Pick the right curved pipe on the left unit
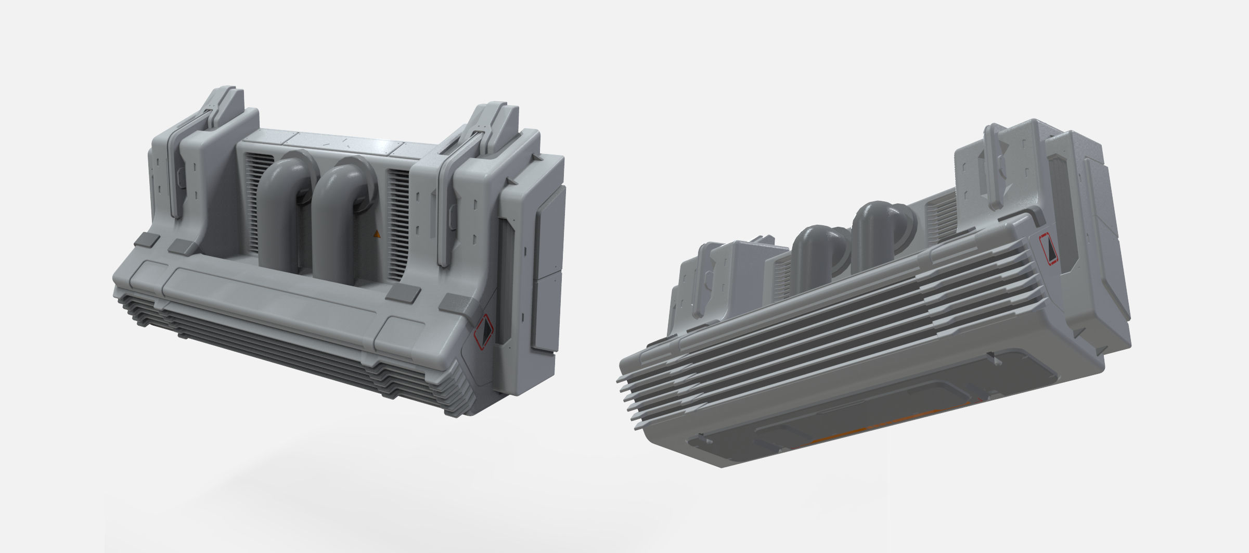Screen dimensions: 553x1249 point(338,218)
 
